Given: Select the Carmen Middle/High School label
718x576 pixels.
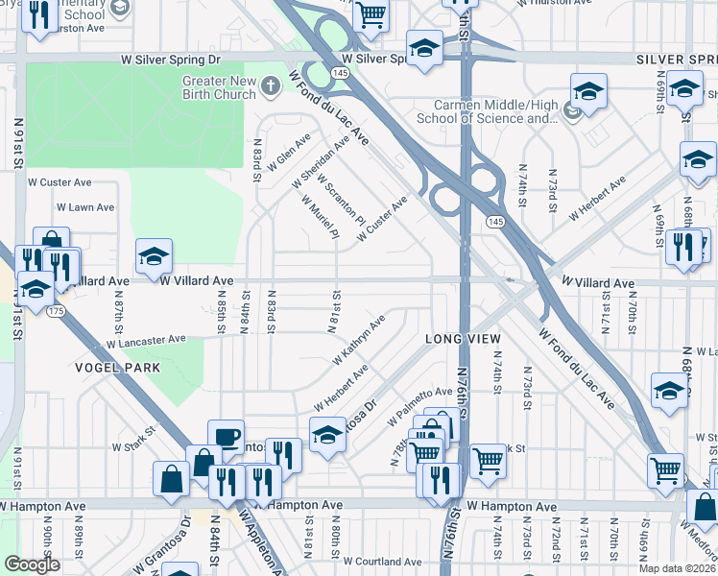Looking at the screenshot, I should pyautogui.click(x=488, y=111).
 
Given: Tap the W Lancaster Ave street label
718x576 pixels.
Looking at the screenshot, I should pyautogui.click(x=146, y=341).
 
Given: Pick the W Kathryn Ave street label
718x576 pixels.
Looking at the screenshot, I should pyautogui.click(x=359, y=340).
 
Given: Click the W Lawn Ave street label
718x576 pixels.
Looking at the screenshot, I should pyautogui.click(x=85, y=207).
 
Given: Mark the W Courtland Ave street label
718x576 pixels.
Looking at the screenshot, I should pyautogui.click(x=381, y=562).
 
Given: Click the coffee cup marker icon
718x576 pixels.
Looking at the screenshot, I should pyautogui.click(x=226, y=435).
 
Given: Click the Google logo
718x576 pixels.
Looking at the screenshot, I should pyautogui.click(x=32, y=564).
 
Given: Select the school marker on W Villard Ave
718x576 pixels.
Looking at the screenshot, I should pyautogui.click(x=154, y=255).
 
